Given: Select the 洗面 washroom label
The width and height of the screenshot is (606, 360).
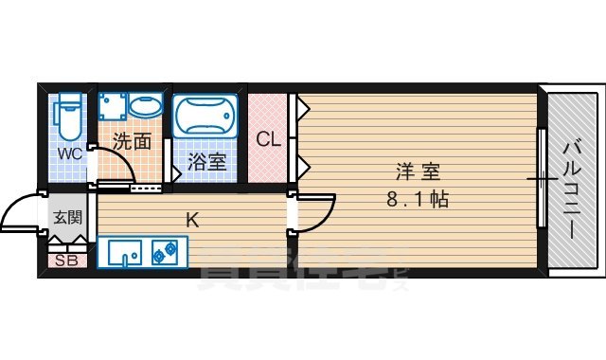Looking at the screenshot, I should [132, 142].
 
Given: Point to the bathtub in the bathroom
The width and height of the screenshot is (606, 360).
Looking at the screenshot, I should [204, 116].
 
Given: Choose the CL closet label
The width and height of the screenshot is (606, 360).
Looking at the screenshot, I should [269, 140].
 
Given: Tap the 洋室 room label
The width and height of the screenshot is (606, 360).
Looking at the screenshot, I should [418, 172].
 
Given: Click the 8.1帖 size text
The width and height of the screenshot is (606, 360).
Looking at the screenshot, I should [418, 200].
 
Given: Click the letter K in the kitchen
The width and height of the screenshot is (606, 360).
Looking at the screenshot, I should [191, 221].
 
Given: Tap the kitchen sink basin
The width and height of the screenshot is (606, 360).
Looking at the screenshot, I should [125, 253].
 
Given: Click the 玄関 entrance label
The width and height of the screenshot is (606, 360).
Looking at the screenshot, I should [66, 217].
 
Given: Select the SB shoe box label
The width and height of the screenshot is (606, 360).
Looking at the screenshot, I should [65, 261].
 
